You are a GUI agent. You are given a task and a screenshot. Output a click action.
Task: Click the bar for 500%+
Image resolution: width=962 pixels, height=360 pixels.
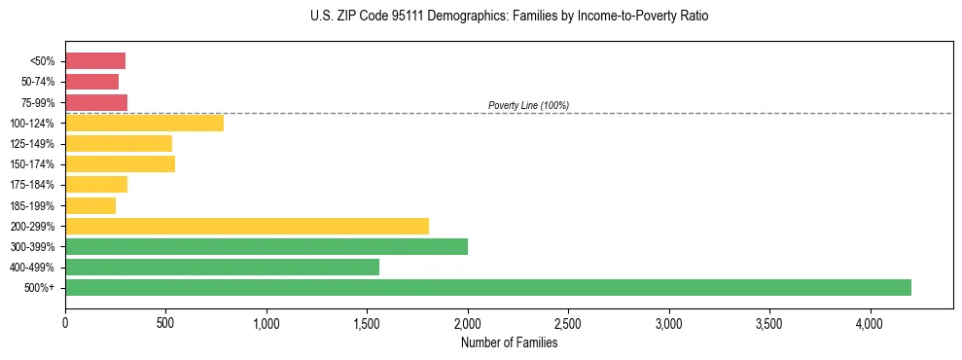click(488, 287)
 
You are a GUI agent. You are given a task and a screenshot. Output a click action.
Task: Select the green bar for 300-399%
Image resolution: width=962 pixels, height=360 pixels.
click(267, 246)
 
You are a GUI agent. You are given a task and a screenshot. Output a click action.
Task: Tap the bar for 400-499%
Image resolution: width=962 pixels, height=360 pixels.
click(222, 267)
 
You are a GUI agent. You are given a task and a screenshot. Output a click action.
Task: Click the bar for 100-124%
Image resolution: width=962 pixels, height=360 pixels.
click(144, 123)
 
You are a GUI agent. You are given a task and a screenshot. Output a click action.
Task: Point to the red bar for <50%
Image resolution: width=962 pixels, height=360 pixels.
click(95, 61)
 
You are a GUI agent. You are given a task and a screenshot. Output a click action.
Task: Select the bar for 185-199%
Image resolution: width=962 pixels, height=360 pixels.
click(90, 205)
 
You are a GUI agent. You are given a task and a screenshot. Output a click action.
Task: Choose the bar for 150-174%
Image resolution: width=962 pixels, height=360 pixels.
click(120, 163)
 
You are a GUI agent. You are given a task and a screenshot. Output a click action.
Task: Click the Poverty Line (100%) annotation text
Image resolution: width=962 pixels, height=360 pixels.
click(528, 105)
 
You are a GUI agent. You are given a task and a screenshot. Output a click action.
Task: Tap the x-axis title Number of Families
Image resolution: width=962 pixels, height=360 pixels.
click(509, 342)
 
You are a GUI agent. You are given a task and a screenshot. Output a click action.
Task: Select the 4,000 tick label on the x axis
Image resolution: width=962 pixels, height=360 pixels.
click(870, 321)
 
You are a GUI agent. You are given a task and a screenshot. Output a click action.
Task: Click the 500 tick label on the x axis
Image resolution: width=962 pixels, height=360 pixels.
click(165, 321)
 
